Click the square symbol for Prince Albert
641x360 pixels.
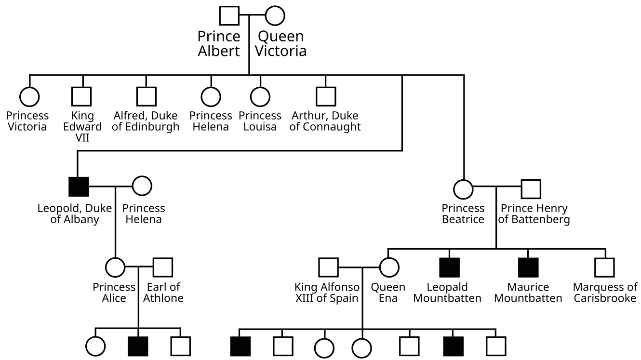point(229,15)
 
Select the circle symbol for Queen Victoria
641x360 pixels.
point(274,15)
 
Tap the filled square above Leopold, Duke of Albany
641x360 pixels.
point(79,187)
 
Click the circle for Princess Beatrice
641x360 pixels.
point(463,189)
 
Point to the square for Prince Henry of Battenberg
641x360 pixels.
point(531,189)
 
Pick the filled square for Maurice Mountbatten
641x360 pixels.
point(528,267)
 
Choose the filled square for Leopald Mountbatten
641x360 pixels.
point(449,267)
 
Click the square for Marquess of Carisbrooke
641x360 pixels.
point(604,267)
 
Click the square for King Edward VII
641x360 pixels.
point(81,96)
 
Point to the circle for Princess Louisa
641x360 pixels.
point(260,96)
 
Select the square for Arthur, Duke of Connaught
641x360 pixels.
point(325,96)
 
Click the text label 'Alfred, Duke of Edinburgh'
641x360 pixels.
point(146,121)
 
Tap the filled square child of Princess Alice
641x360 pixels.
point(138,346)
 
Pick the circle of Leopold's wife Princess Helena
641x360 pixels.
point(142,186)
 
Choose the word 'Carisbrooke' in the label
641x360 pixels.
point(605,298)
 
